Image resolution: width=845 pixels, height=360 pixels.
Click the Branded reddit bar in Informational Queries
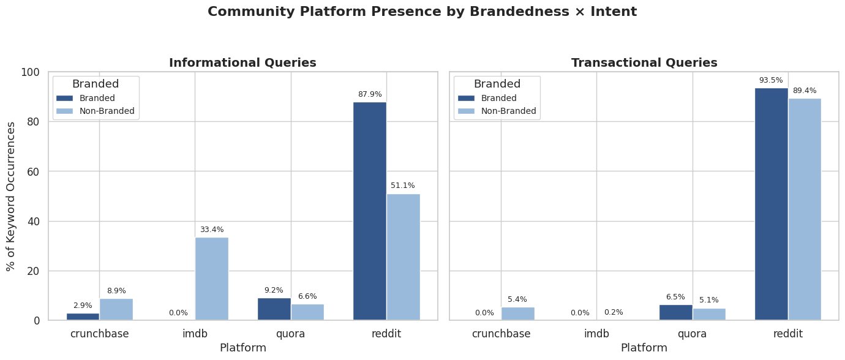coord(370,211)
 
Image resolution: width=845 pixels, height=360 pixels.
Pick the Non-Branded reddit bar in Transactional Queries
coord(804,209)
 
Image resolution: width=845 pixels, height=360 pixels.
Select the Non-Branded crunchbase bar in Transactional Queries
coord(517,313)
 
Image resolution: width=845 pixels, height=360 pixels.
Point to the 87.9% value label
coord(370,94)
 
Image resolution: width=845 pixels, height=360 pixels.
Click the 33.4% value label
coord(212,230)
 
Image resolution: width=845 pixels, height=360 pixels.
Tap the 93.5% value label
coord(771,80)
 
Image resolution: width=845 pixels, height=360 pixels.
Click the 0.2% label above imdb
coord(614,312)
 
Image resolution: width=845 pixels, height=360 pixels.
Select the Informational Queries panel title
coord(242,62)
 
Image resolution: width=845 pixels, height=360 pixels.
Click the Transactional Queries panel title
coord(644,62)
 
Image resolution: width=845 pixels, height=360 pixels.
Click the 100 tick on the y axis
coord(30,72)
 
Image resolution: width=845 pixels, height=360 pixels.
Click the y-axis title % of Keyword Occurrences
coord(11,196)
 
